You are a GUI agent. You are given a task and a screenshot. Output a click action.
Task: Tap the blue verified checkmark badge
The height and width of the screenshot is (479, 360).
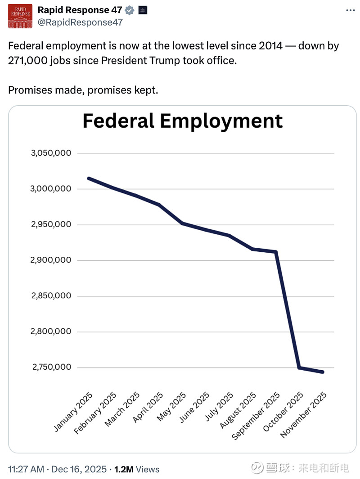click(x=130, y=10)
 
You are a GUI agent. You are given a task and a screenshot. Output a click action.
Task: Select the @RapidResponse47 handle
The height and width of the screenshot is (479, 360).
click(x=80, y=22)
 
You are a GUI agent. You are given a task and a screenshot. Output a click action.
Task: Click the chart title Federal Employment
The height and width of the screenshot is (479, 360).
click(x=182, y=121)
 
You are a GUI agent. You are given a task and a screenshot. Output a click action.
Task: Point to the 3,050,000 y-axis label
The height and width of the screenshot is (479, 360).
click(x=51, y=153)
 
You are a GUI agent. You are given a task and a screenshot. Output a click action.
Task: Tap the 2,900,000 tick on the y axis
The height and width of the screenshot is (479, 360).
click(x=51, y=260)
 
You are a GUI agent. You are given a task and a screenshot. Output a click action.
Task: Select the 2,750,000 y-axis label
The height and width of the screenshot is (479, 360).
click(x=51, y=367)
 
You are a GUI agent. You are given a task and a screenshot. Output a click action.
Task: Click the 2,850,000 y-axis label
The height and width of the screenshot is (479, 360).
click(x=51, y=296)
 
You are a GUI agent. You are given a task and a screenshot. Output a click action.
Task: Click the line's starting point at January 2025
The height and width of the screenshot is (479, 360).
click(x=89, y=178)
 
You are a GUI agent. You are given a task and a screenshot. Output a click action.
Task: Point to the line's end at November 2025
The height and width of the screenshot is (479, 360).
click(x=323, y=372)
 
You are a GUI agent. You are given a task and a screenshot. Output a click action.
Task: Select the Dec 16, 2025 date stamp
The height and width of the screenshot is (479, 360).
click(x=79, y=469)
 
